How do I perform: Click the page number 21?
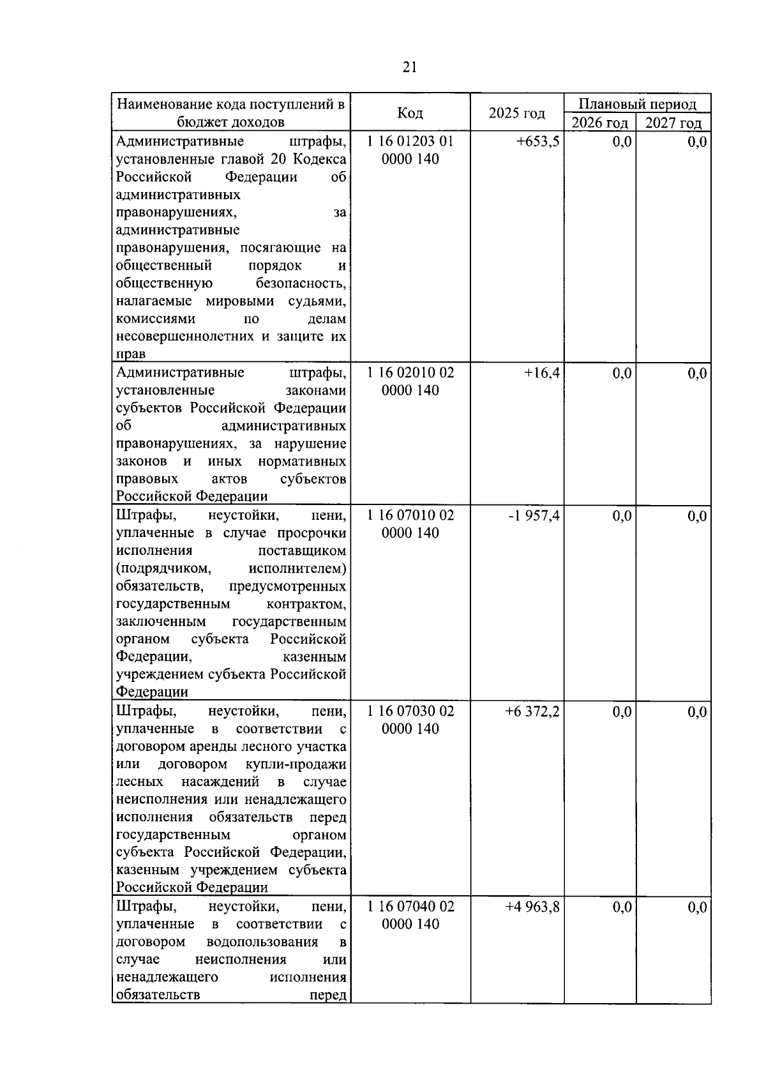point(410,68)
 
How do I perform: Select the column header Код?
point(410,113)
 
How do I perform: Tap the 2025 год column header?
point(516,113)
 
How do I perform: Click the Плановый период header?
point(637,103)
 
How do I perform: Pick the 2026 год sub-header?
point(599,123)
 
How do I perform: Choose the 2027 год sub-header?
point(673,123)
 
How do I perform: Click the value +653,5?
point(537,142)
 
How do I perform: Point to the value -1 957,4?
point(534,515)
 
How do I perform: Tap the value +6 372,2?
point(532,711)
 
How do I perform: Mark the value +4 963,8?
point(532,907)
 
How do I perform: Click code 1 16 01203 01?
point(410,141)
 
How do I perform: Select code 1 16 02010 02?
point(410,373)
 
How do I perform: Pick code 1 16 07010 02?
point(410,515)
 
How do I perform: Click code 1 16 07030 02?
point(410,711)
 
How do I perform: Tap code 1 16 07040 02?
point(410,907)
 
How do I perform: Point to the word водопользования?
point(262,942)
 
